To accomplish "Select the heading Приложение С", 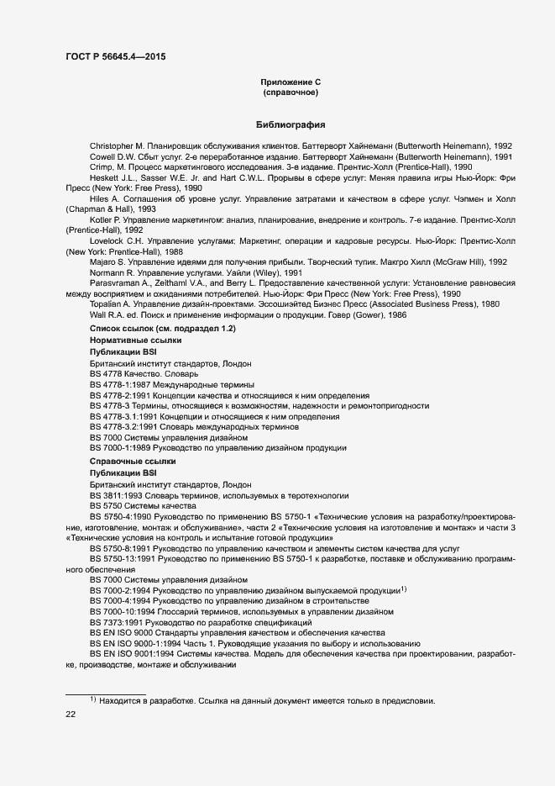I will tap(291, 82).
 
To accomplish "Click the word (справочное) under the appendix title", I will tap(291, 92).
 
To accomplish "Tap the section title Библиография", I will tap(291, 124).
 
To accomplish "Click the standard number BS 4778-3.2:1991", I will tap(123, 426).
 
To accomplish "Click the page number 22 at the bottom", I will tap(71, 715).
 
